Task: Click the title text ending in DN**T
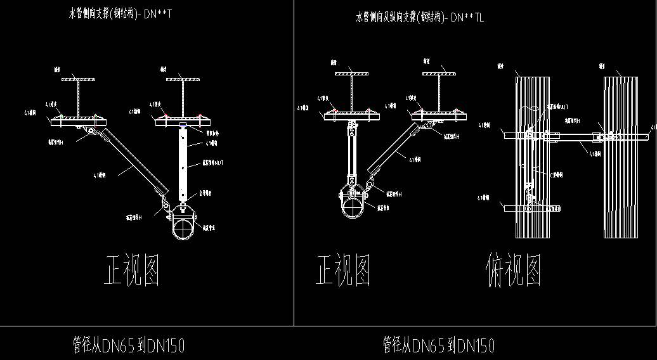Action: click(120, 13)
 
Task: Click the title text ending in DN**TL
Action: click(420, 18)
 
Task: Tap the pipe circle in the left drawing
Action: click(184, 228)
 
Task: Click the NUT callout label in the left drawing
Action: click(212, 163)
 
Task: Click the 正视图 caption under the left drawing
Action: click(131, 271)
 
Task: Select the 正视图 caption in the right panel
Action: click(343, 271)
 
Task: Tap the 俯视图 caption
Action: click(514, 271)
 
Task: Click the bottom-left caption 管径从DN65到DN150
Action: click(129, 345)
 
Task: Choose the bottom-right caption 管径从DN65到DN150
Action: click(438, 345)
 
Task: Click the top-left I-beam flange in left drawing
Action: click(77, 79)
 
